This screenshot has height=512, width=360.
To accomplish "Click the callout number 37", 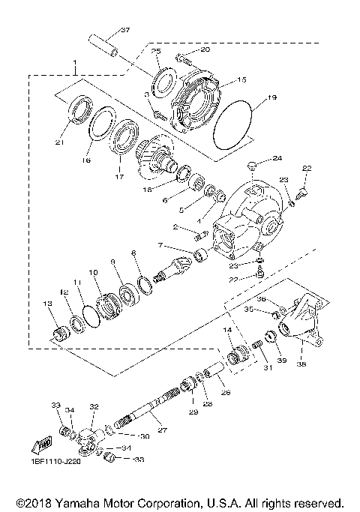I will (x=125, y=30).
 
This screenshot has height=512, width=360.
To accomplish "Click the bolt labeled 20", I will (x=183, y=57).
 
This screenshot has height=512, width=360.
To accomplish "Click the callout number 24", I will (x=277, y=158).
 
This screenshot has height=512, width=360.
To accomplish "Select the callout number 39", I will (x=282, y=361).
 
